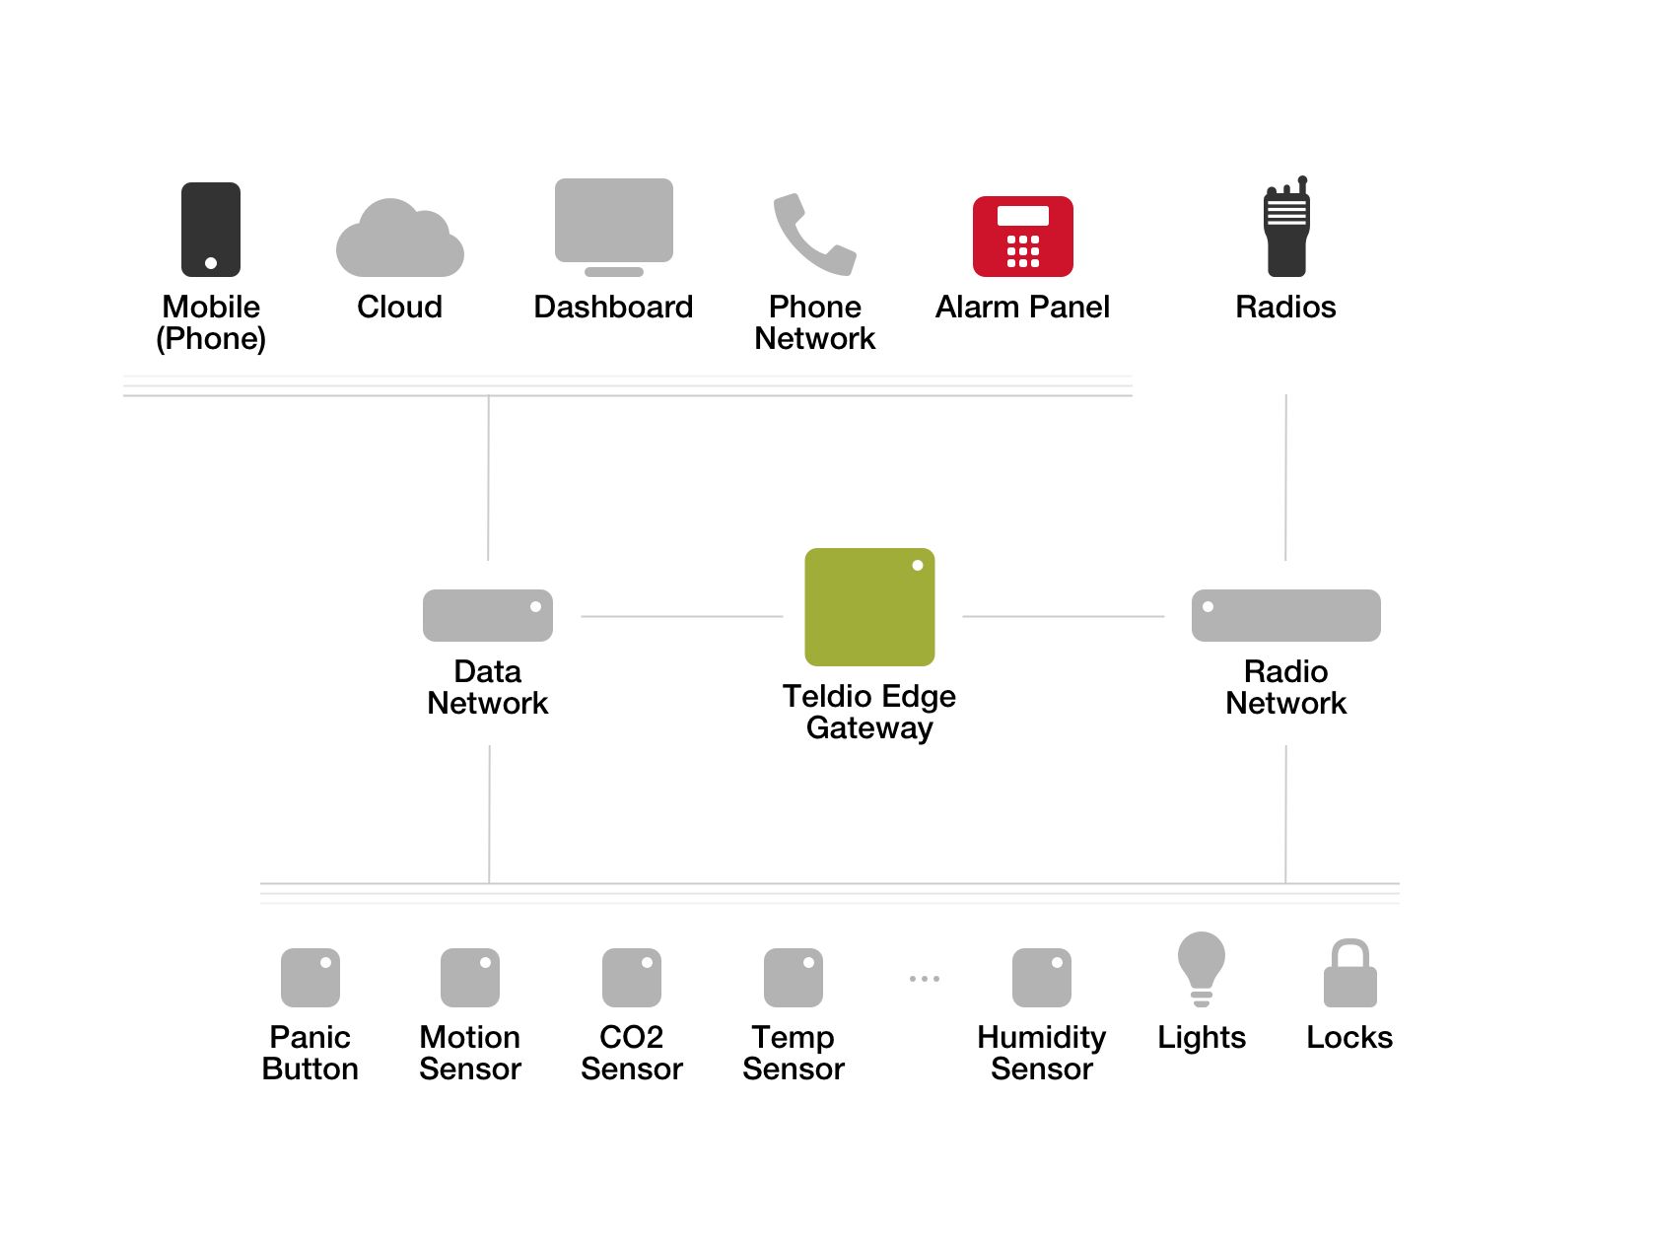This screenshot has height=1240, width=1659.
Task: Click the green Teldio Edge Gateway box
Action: point(868,606)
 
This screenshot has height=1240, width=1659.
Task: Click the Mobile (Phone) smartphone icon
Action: point(211,229)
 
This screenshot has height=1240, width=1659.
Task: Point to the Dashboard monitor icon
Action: point(613,223)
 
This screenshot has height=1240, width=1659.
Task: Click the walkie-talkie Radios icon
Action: point(1286,230)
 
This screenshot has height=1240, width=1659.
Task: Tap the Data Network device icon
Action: point(487,615)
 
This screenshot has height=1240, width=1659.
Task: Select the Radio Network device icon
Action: point(1285,615)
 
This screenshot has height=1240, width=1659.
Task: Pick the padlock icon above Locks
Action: point(1349,975)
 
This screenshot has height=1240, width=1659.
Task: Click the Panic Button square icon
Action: point(310,977)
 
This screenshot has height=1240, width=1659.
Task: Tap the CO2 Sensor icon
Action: point(631,977)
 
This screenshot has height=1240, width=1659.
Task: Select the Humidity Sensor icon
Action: point(1041,977)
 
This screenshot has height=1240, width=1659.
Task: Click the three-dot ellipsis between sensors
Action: point(924,979)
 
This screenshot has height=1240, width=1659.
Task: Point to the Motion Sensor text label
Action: point(469,1053)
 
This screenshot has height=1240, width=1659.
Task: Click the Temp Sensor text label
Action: point(793,1053)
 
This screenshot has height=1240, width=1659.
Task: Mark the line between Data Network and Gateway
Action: point(681,616)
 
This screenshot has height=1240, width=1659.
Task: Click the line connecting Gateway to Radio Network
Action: point(1063,616)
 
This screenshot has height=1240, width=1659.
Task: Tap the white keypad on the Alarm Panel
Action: point(1022,251)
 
